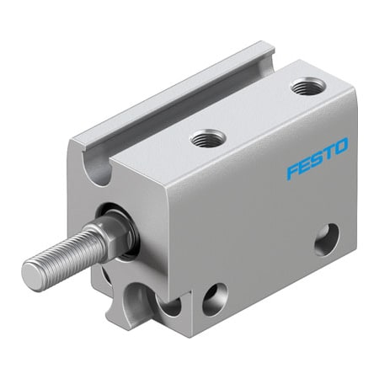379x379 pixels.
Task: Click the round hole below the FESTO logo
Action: [x=328, y=239]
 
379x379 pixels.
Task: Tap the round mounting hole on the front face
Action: [x=214, y=299]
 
